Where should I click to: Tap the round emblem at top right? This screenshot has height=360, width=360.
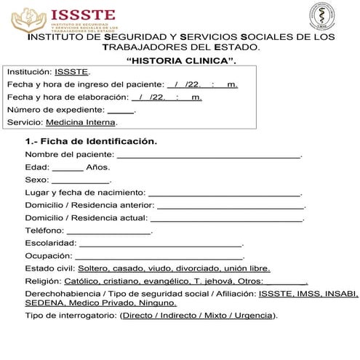[x=324, y=16]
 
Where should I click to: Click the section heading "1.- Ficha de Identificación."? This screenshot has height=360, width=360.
[x=91, y=140]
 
